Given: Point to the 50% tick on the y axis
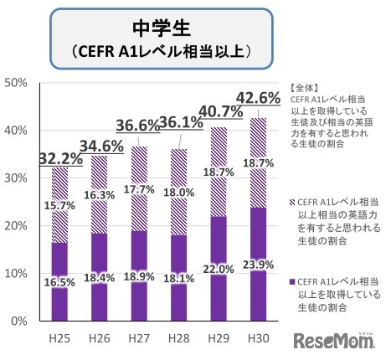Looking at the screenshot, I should click(18, 83).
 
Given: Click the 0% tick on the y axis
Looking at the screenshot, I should click(21, 321).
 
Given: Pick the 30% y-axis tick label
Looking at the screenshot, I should click(18, 178).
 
